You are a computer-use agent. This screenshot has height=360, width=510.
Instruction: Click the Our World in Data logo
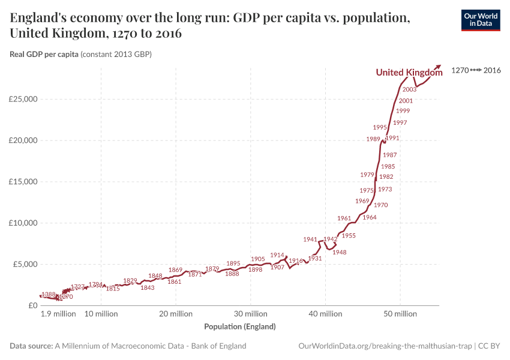pos(480,20)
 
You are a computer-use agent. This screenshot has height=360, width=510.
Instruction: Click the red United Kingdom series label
pos(409,73)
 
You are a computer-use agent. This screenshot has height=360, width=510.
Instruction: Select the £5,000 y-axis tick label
pos(24,264)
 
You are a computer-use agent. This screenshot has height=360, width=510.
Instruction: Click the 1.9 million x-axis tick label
pos(58,314)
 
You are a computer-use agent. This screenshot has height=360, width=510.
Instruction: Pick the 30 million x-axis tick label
pos(250,314)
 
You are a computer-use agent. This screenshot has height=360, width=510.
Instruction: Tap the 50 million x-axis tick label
pos(400,314)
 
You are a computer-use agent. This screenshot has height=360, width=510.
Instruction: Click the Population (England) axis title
pos(240,327)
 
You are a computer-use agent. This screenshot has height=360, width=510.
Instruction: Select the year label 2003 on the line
pos(410,89)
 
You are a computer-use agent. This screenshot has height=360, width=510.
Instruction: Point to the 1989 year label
pos(373,139)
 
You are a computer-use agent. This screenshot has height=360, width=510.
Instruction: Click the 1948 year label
pos(340,253)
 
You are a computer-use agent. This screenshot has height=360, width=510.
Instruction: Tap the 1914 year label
pos(277,255)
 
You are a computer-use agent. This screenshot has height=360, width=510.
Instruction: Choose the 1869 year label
pos(175,270)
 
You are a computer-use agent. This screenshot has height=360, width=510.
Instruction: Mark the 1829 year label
pos(130,281)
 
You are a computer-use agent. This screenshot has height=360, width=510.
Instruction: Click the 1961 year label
pos(344,218)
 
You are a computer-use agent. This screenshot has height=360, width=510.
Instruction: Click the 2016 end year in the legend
pos(492,70)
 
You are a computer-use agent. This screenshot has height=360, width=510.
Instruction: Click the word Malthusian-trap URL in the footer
pos(419,346)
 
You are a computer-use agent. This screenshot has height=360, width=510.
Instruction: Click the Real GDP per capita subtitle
pos(44,55)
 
